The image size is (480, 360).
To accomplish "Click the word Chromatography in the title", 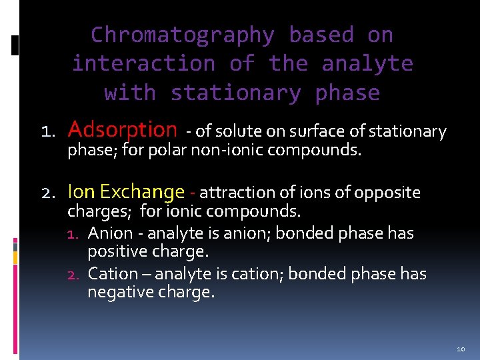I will pyautogui.click(x=182, y=35).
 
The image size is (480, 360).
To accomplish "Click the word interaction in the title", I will pyautogui.click(x=143, y=64).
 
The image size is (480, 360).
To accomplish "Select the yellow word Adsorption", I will pyautogui.click(x=123, y=129).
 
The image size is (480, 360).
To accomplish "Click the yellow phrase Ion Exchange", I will pyautogui.click(x=126, y=192).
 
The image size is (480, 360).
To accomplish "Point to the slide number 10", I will pyautogui.click(x=461, y=349).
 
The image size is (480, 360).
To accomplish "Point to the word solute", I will pyautogui.click(x=236, y=131).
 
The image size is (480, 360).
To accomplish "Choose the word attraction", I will pyautogui.click(x=231, y=193).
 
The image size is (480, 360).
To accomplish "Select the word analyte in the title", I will pyautogui.click(x=367, y=64).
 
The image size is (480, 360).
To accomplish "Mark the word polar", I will pyautogui.click(x=167, y=150).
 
